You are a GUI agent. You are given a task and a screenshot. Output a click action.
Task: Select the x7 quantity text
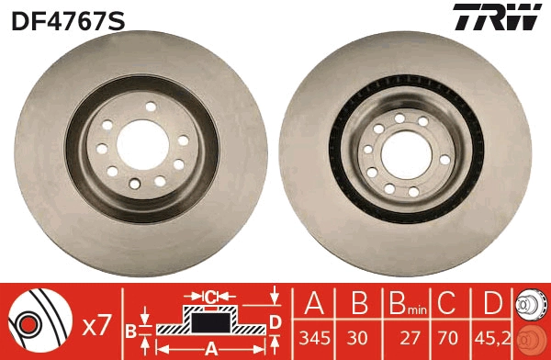[97, 324]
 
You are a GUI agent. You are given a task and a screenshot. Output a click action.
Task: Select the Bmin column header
[403, 304]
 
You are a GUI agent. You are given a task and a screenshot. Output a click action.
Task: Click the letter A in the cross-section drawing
[210, 348]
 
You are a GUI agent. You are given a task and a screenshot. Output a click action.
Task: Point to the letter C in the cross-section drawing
[210, 296]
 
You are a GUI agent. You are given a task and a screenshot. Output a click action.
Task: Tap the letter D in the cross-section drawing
[275, 321]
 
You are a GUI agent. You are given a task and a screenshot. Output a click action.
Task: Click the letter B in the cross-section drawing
[130, 328]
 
